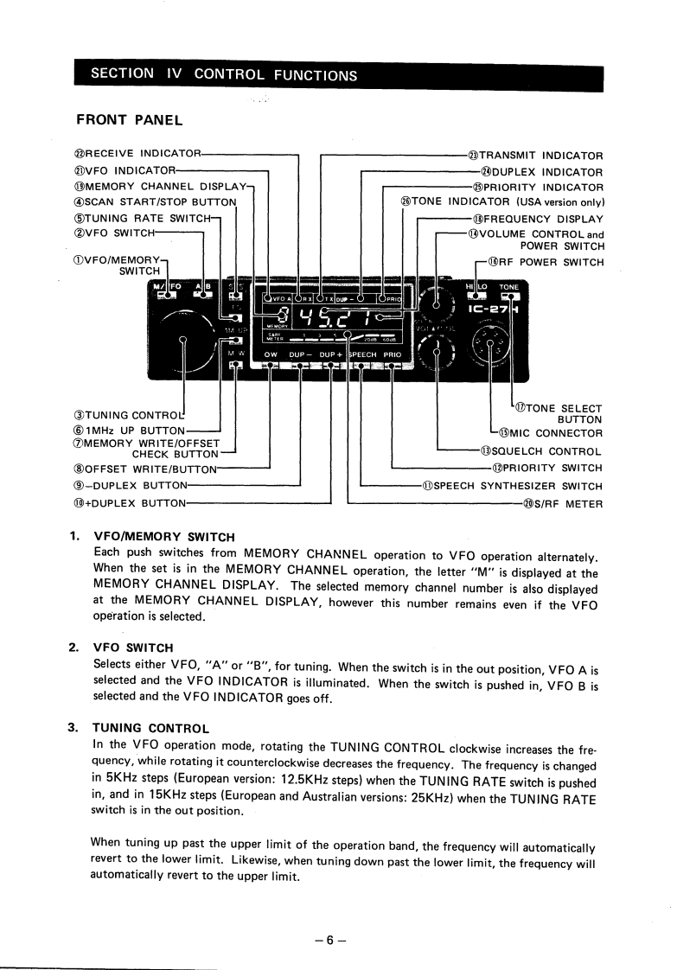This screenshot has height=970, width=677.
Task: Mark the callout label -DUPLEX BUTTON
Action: click(131, 486)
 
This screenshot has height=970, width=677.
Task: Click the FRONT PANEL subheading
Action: click(131, 118)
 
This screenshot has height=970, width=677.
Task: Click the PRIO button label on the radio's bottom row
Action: click(393, 354)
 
